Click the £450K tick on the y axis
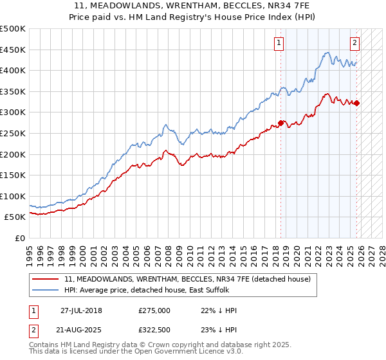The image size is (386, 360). (x=13, y=50)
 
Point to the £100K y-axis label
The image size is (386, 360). (x=13, y=196)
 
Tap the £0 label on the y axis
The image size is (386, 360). (x=19, y=238)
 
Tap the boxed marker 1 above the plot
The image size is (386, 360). (x=279, y=43)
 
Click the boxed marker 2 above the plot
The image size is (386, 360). (x=354, y=43)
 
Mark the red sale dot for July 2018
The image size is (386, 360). (x=281, y=123)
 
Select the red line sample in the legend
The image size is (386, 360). (x=46, y=279)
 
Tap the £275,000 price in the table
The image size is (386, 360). (x=154, y=310)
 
